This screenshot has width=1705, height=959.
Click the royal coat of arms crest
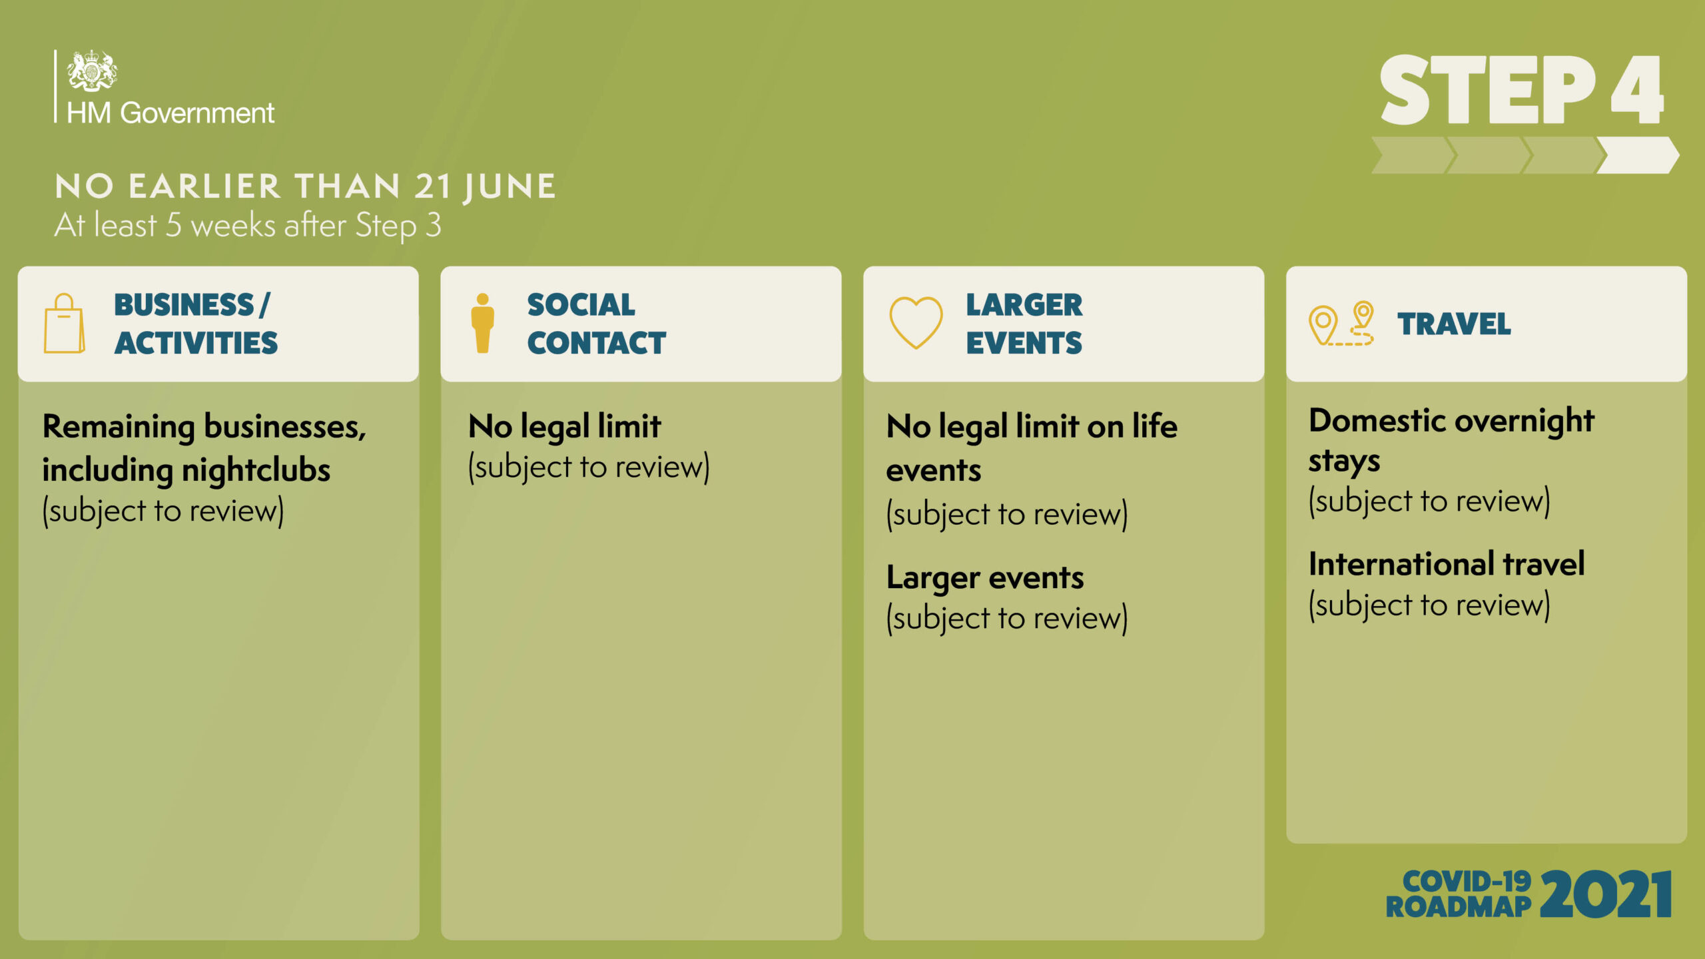92,70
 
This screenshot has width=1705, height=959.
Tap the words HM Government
170,113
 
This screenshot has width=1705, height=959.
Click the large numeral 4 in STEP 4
1637,90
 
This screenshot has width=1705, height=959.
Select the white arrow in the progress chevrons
1638,155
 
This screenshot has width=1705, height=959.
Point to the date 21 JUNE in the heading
485,186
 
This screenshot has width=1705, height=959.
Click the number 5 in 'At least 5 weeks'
173,225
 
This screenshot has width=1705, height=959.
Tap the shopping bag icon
64,324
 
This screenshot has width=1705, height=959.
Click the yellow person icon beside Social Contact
483,323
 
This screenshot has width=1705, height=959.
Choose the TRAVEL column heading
1454,324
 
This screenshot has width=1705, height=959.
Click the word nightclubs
256,470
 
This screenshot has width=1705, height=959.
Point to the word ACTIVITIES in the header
196,343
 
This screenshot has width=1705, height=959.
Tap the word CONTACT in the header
596,343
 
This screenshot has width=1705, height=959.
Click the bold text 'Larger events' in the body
985,578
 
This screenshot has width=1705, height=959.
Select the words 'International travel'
1447,564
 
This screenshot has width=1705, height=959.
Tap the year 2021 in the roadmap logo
1606,894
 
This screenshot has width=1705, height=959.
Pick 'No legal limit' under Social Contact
565,427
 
